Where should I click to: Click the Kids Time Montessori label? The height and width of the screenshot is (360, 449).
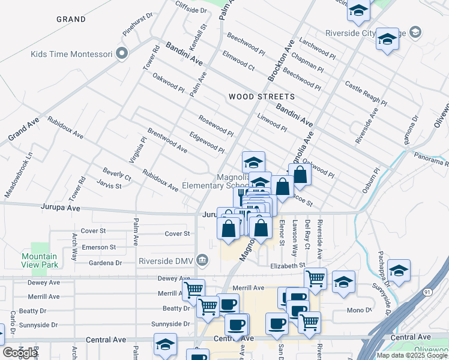click(x=71, y=54)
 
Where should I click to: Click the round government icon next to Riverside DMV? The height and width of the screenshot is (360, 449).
click(x=203, y=260)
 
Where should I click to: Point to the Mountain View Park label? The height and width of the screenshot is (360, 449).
click(x=39, y=260)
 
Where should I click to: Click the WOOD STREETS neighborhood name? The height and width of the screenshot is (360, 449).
click(x=262, y=97)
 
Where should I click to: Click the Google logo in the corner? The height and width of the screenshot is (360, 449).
click(x=20, y=353)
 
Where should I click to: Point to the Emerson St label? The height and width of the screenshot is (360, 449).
click(x=99, y=247)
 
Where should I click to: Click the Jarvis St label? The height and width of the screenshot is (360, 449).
click(x=110, y=186)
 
